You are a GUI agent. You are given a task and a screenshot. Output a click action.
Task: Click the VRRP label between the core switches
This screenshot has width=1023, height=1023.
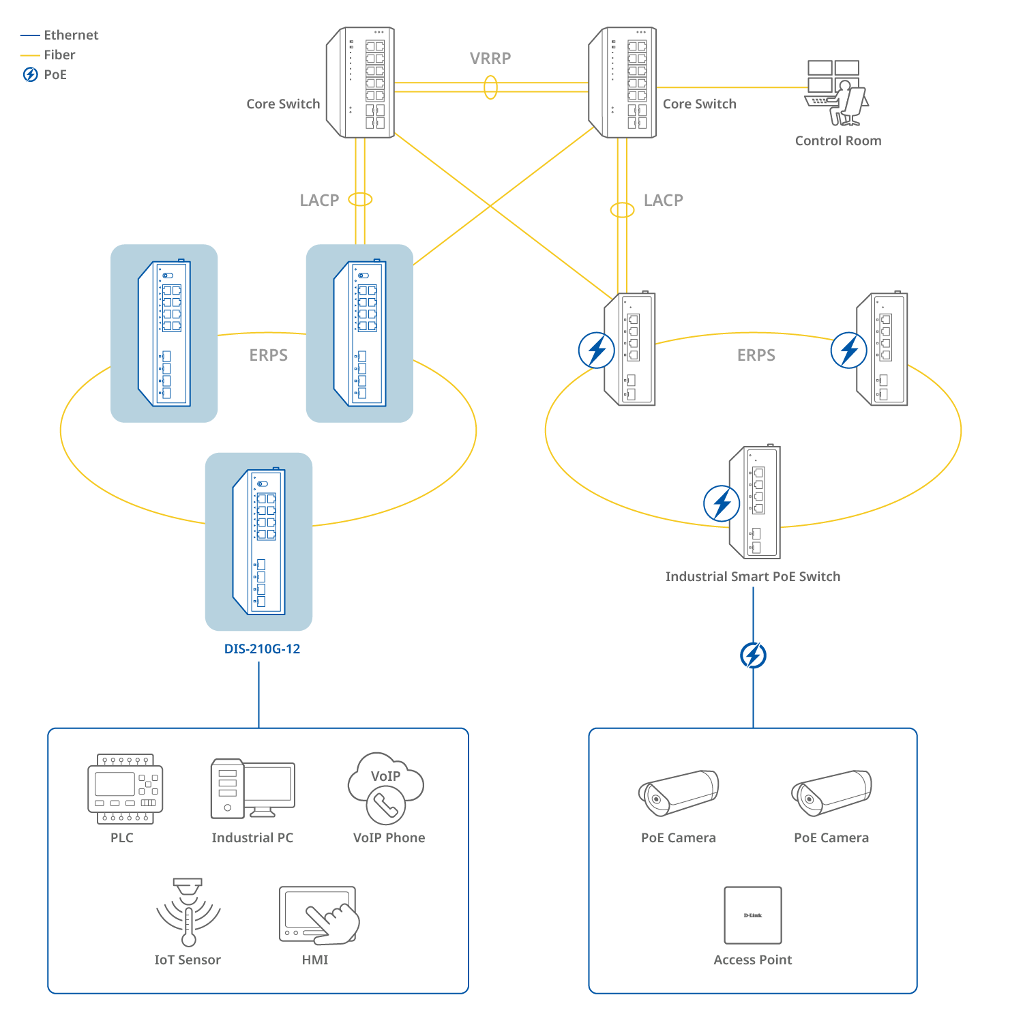click(x=490, y=58)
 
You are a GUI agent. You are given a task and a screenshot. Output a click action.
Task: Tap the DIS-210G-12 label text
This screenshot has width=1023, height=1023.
click(x=262, y=649)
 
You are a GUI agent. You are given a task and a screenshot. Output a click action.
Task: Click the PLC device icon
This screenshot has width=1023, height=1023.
click(x=125, y=789)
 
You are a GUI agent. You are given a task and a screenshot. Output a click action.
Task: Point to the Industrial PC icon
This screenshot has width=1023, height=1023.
click(x=252, y=788)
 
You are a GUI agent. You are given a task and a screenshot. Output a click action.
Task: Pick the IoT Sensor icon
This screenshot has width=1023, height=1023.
click(x=188, y=912)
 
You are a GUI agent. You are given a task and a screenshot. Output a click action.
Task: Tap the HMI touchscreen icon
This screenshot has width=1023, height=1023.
click(x=318, y=915)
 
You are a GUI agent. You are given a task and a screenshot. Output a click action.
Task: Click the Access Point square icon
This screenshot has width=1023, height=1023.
click(x=753, y=915)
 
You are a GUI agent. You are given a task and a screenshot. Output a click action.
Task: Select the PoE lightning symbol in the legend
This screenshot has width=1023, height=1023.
click(x=31, y=74)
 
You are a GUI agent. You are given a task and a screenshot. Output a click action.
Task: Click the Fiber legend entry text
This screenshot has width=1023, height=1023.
click(x=60, y=55)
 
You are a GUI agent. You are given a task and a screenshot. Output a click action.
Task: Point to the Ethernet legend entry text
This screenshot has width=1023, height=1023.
click(x=71, y=35)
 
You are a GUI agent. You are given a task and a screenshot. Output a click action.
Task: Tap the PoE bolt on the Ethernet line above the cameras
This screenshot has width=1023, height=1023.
click(x=753, y=655)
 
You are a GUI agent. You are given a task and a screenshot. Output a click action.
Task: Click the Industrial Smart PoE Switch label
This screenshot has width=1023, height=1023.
click(x=753, y=576)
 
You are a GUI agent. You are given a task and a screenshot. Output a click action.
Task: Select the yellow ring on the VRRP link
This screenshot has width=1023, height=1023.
click(x=490, y=87)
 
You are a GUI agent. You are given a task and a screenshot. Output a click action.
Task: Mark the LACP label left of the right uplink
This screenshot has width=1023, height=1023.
click(x=663, y=200)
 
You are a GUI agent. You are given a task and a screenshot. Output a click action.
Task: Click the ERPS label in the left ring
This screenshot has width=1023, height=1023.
click(x=268, y=355)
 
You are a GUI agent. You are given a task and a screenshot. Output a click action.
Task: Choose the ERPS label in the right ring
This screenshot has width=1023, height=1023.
click(x=756, y=355)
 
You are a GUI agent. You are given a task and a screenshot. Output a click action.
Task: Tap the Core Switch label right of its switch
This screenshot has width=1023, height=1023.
click(x=699, y=104)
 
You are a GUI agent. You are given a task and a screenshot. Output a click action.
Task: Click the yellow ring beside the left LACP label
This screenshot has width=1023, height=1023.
click(x=360, y=199)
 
